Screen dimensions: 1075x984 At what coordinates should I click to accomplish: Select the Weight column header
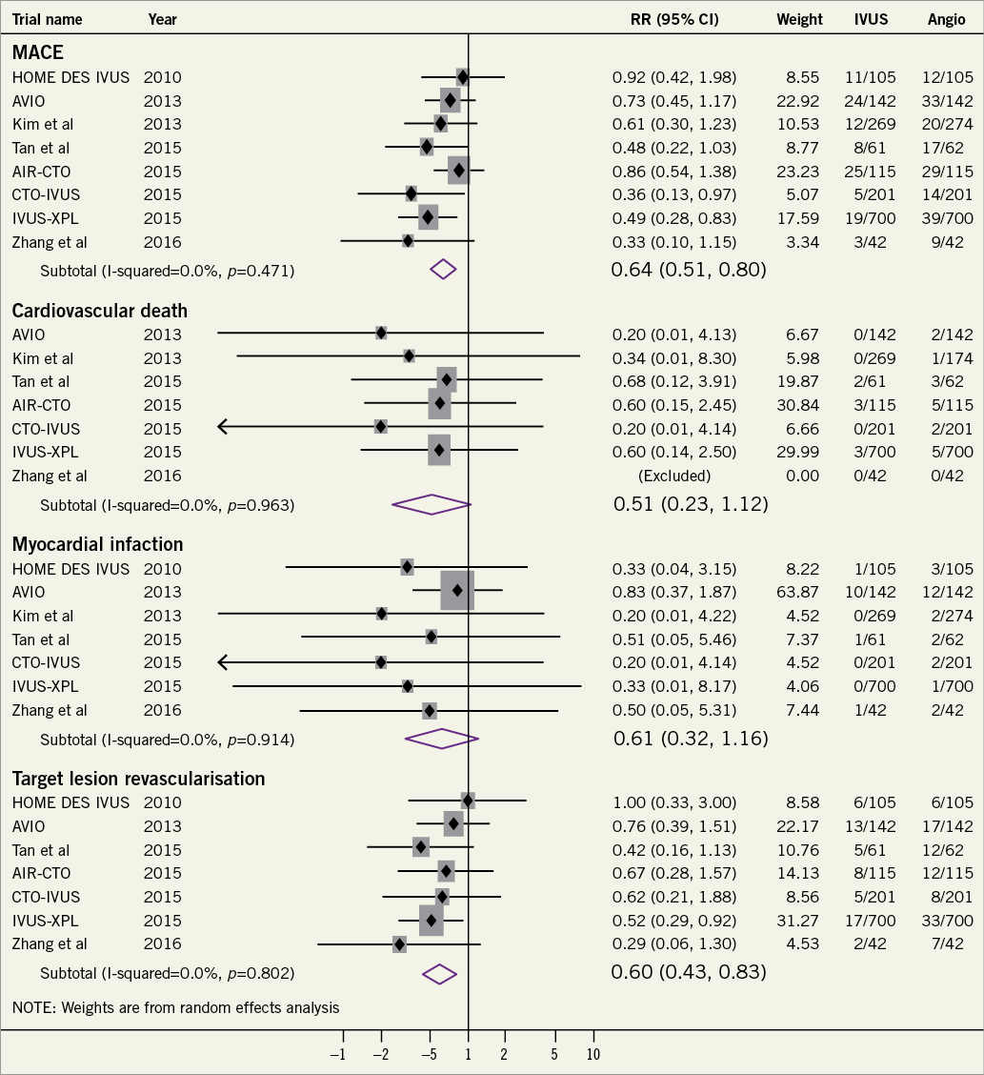coord(799,19)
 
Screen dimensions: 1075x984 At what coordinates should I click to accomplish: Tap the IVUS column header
coord(870,19)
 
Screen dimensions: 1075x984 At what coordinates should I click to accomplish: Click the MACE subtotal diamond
coord(444,270)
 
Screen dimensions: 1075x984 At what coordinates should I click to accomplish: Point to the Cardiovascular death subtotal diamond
coord(432,504)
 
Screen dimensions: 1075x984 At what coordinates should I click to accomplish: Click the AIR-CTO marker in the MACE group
coord(459,171)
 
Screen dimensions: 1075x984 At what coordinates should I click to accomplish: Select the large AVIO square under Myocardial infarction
coord(457,591)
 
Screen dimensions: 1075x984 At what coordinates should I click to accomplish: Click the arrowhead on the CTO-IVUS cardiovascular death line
coord(223,427)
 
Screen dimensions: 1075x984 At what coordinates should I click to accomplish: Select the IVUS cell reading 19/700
coord(870,218)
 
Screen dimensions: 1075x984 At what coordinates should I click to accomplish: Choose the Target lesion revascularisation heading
coord(138,779)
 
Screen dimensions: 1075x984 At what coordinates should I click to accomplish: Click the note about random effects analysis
coord(175,1006)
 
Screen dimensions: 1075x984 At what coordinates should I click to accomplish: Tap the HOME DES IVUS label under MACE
coord(70,77)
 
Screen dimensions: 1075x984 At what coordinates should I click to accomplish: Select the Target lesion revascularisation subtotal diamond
coord(440,973)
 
